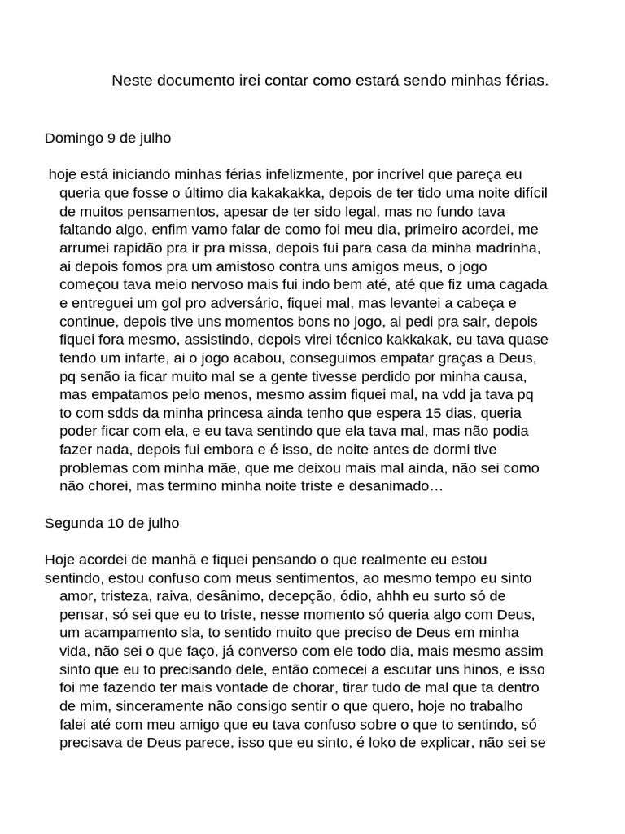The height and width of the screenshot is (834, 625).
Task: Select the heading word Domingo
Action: click(73, 138)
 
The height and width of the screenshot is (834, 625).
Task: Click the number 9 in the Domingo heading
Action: click(111, 138)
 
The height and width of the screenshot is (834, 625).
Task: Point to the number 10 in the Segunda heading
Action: click(115, 523)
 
